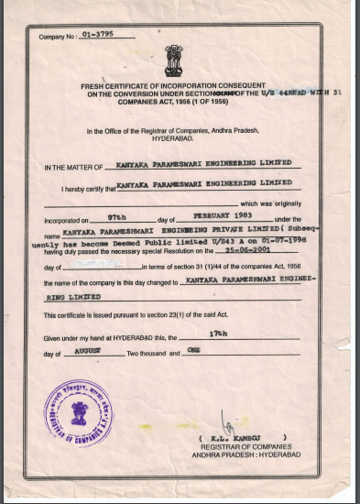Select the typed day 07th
[116, 218]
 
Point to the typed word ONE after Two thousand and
[192, 351]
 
